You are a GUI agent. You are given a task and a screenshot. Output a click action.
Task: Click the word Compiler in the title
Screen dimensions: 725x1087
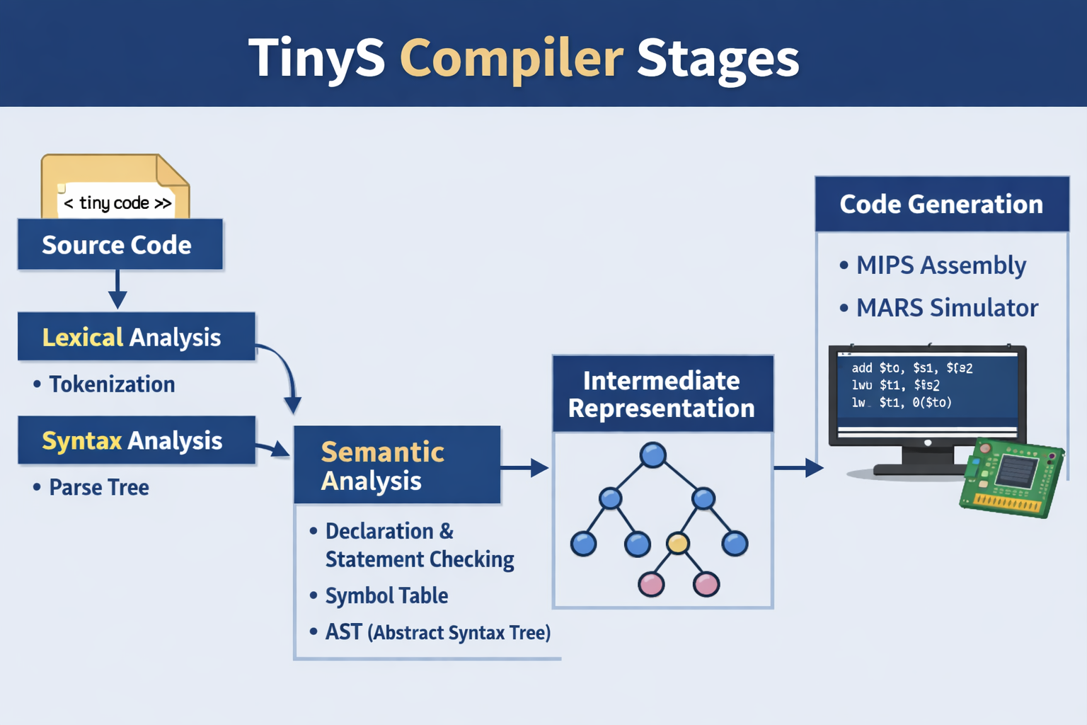click(511, 58)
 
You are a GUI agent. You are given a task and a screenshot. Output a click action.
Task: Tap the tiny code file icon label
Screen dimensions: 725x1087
click(117, 203)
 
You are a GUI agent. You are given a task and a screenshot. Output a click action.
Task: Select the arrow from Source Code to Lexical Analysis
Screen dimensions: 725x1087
click(117, 290)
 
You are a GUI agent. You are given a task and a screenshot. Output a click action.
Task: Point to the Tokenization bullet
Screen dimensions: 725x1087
click(111, 384)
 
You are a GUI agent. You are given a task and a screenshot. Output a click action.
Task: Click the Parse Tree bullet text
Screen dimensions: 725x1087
click(98, 488)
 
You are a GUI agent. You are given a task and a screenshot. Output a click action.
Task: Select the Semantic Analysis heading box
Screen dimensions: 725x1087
click(397, 465)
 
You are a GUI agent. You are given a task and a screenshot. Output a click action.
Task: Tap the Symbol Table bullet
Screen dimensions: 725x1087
click(386, 595)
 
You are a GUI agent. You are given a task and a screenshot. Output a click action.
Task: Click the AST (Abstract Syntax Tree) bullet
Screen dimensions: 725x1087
click(437, 632)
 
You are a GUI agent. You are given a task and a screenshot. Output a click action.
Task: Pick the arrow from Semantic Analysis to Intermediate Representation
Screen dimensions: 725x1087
click(525, 467)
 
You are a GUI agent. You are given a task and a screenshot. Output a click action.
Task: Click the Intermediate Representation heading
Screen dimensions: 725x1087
click(662, 394)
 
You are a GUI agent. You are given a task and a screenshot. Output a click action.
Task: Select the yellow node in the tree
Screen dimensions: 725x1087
click(678, 543)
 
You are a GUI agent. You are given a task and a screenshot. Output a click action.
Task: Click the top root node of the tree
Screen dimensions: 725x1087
click(652, 455)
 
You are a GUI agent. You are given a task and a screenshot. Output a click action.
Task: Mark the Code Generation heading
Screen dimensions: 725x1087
click(941, 205)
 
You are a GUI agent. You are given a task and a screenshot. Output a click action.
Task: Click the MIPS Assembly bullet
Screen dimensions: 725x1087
click(941, 266)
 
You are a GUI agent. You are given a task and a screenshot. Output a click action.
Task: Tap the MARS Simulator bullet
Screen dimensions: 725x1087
click(947, 308)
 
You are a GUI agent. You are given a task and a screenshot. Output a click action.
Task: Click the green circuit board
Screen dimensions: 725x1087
click(1011, 477)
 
